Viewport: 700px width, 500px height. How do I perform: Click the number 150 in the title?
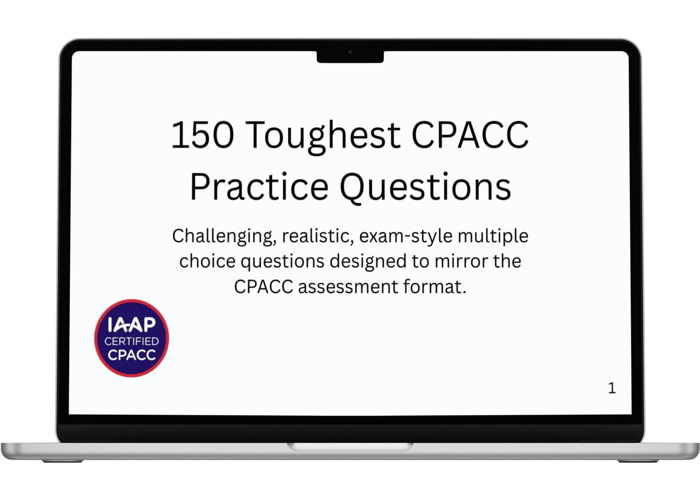[202, 135]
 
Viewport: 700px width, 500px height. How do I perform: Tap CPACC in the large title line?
[469, 135]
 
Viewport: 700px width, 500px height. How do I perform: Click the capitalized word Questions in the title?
[425, 188]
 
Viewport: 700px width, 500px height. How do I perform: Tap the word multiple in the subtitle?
[493, 237]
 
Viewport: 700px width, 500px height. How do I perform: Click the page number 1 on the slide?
[612, 388]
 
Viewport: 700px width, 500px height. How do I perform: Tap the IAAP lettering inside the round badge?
[132, 324]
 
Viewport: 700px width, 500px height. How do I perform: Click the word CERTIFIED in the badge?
[132, 341]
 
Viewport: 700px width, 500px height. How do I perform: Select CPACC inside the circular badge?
[132, 355]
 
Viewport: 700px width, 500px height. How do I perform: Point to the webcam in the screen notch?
[350, 52]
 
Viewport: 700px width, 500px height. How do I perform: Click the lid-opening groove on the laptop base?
[350, 446]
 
